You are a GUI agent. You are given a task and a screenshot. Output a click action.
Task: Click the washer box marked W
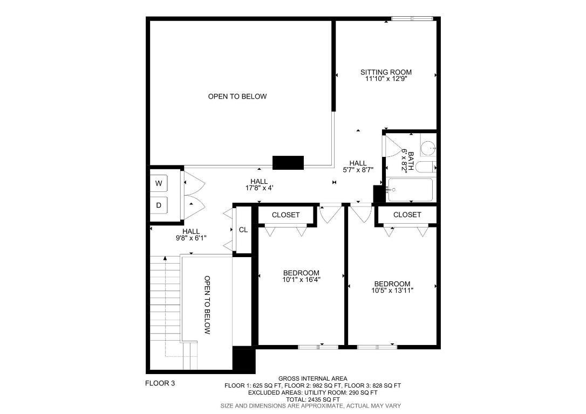click(x=159, y=183)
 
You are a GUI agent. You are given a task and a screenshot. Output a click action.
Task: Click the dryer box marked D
click(x=159, y=205)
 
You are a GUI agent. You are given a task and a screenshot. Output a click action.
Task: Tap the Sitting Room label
click(x=386, y=72)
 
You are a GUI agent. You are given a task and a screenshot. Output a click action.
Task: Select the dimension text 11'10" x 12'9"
click(x=386, y=79)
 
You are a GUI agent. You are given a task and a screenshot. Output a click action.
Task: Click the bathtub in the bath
click(x=410, y=189)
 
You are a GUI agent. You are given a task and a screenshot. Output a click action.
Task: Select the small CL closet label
click(x=243, y=230)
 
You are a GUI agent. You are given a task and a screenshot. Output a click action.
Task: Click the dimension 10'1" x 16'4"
click(x=301, y=279)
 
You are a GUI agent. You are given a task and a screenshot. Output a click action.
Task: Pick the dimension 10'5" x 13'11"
click(x=392, y=291)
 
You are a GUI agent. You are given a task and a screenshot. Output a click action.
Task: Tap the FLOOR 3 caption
click(x=160, y=384)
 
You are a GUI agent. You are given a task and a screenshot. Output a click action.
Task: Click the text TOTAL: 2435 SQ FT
click(x=312, y=399)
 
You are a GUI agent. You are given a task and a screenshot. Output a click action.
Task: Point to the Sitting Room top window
click(x=412, y=19)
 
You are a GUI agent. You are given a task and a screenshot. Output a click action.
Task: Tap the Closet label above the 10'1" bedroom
click(x=285, y=215)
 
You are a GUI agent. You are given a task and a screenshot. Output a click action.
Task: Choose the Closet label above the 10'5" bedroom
click(x=407, y=215)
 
